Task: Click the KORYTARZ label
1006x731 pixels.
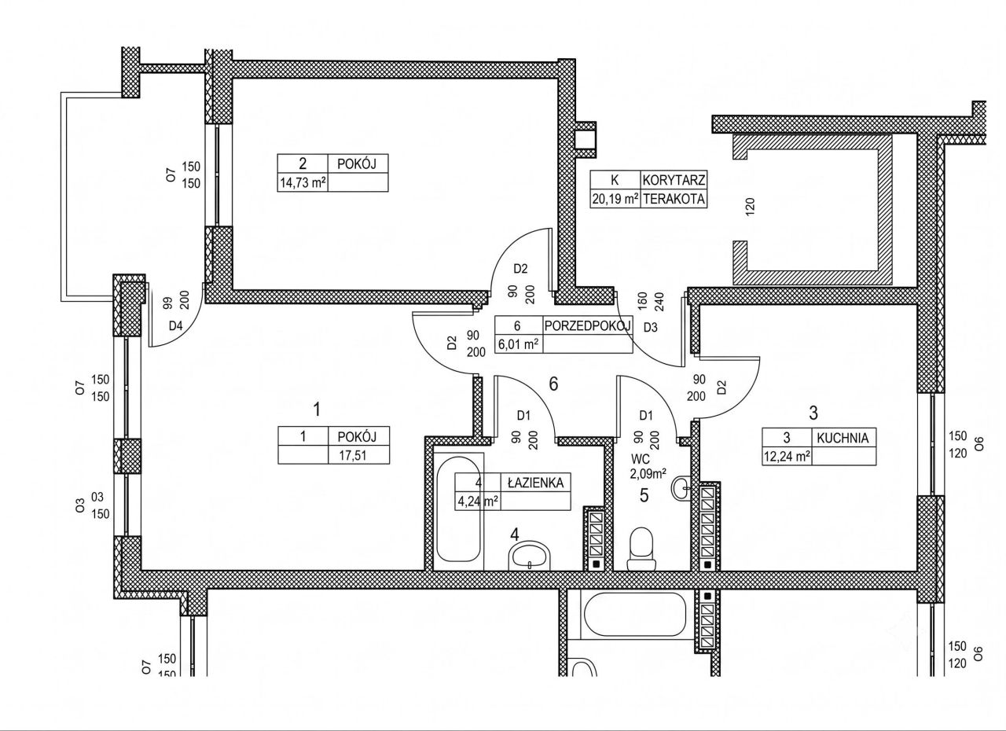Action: click(x=674, y=181)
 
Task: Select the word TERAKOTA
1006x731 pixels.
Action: click(x=674, y=199)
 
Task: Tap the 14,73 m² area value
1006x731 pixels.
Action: click(x=303, y=182)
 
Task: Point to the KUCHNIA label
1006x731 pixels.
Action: click(x=843, y=439)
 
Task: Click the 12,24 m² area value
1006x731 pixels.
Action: click(x=787, y=457)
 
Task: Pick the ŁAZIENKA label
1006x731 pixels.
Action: click(x=535, y=483)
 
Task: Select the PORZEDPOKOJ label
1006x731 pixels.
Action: click(x=588, y=326)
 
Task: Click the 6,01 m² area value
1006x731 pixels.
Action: click(x=518, y=344)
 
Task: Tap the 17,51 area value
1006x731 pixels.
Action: click(x=353, y=455)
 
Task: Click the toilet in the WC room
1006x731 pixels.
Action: click(x=641, y=549)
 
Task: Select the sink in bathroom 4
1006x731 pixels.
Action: click(x=530, y=556)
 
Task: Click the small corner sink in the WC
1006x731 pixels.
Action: click(x=683, y=487)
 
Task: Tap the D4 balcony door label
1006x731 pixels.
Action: click(x=175, y=326)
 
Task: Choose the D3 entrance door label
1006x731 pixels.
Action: click(x=650, y=327)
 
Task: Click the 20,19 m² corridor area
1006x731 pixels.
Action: click(x=615, y=199)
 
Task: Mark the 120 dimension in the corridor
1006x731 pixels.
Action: click(x=750, y=207)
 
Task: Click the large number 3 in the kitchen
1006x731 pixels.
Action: click(x=813, y=413)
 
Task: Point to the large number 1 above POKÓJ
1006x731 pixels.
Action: click(x=317, y=410)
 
